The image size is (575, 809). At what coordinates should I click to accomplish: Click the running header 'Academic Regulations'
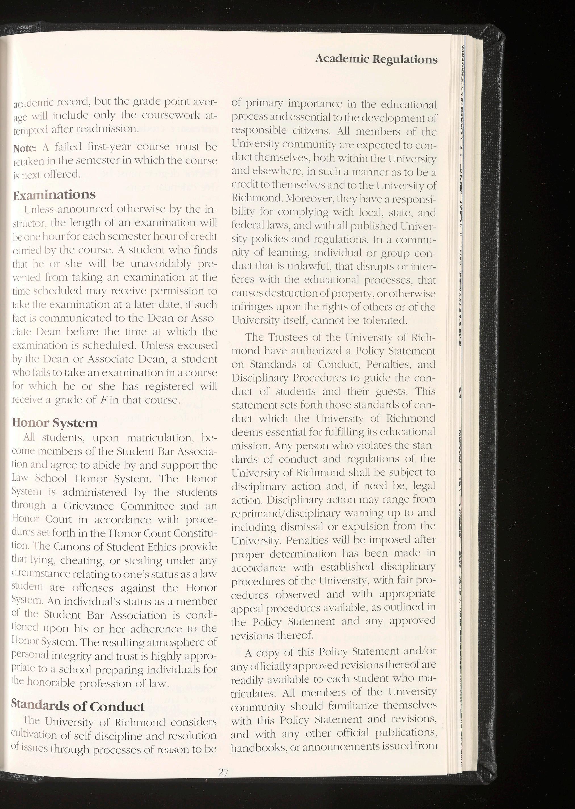click(376, 59)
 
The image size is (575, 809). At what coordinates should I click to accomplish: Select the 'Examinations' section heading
click(54, 195)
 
